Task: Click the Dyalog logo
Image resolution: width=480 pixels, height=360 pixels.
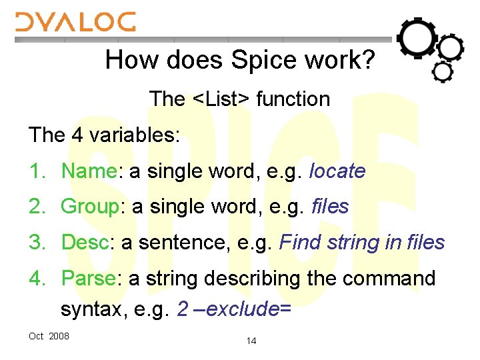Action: [x=75, y=22]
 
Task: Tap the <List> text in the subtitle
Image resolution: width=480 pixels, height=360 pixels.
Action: [x=221, y=99]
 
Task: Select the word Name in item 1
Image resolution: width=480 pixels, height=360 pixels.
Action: [x=89, y=171]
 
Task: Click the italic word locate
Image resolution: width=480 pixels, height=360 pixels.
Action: [x=338, y=171]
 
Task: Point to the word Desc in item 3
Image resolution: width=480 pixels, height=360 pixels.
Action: [x=85, y=243]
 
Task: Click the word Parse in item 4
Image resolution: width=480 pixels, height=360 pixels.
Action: [x=88, y=279]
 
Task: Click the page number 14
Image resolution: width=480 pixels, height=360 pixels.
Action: [x=251, y=341]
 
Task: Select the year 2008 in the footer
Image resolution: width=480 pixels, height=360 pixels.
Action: [x=59, y=336]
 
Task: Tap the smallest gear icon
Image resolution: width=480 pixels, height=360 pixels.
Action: [x=442, y=71]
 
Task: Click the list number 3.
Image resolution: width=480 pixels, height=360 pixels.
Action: [x=35, y=243]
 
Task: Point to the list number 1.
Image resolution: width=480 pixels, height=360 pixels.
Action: [x=35, y=171]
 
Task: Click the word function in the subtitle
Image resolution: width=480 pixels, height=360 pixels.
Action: [x=293, y=99]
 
